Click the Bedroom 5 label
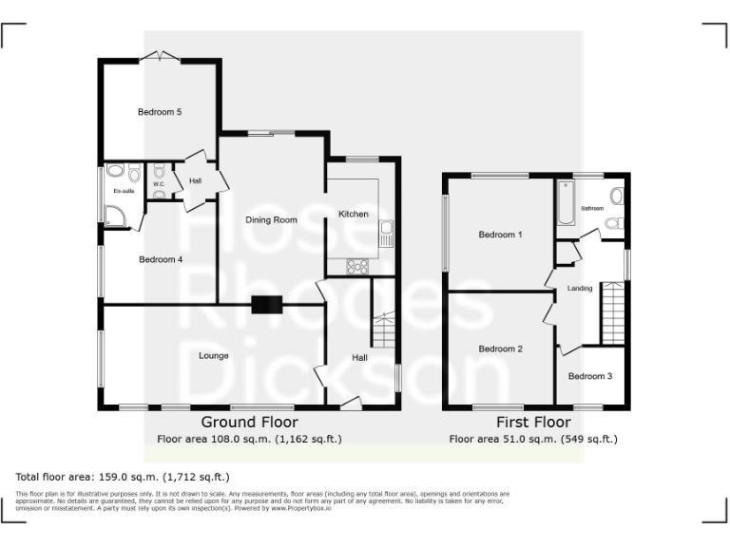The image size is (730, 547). (x=160, y=112)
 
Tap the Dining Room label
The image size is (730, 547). (x=272, y=219)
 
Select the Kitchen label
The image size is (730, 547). (x=353, y=215)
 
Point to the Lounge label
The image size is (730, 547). (x=214, y=356)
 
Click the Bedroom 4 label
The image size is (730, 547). (x=160, y=259)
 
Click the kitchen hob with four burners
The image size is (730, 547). (x=358, y=266)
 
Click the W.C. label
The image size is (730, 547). (x=159, y=184)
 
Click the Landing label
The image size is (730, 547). (x=580, y=289)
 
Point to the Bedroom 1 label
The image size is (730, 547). (x=500, y=235)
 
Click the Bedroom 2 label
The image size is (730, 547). (x=500, y=349)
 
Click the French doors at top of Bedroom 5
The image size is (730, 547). (x=161, y=57)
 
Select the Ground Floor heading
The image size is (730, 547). (x=249, y=422)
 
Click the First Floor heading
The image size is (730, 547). (x=533, y=422)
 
